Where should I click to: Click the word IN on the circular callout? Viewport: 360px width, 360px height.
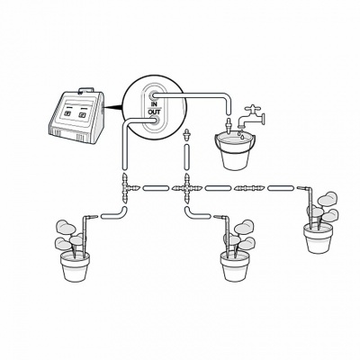pos(154,104)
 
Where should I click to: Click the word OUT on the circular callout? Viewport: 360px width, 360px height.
pos(155,113)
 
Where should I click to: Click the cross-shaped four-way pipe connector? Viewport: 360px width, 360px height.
pos(187,188)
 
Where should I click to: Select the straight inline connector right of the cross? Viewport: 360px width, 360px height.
pos(245,188)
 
